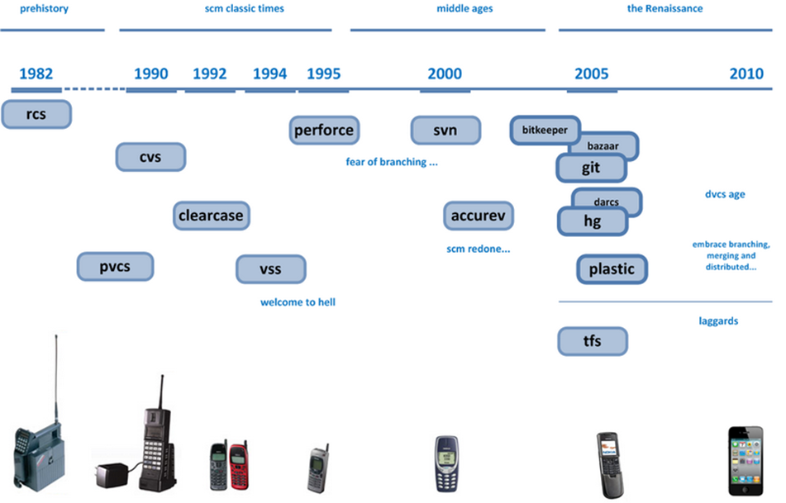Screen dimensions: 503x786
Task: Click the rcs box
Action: [x=36, y=114]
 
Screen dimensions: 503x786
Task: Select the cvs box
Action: [x=150, y=157]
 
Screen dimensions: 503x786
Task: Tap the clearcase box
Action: [x=212, y=216]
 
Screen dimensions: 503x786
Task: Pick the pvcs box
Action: [x=115, y=267]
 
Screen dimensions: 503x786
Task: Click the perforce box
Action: [x=324, y=130]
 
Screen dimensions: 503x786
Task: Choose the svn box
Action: [x=445, y=130]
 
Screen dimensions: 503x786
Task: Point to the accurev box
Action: [x=478, y=216]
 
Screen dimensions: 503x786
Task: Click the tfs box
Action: [x=592, y=341]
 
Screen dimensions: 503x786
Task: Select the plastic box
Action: [x=612, y=268]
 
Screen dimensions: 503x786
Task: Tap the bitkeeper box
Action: [x=544, y=129]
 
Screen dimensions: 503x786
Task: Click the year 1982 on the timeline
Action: [x=36, y=74]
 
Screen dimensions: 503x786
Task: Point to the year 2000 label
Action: [x=445, y=74]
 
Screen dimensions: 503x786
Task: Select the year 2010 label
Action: [x=746, y=74]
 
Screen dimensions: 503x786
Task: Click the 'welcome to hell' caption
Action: [x=298, y=302]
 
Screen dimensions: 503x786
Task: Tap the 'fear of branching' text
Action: [x=391, y=162]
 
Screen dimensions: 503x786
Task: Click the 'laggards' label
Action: [x=718, y=320]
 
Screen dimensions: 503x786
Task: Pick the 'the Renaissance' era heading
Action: [x=665, y=9]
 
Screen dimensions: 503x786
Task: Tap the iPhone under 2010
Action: [x=746, y=460]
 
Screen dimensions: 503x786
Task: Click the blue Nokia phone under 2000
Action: [x=446, y=463]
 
